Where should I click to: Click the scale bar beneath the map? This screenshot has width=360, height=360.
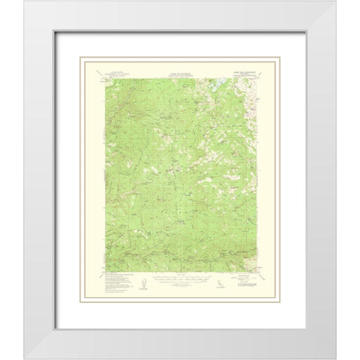179,286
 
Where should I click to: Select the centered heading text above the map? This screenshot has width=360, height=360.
179,68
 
